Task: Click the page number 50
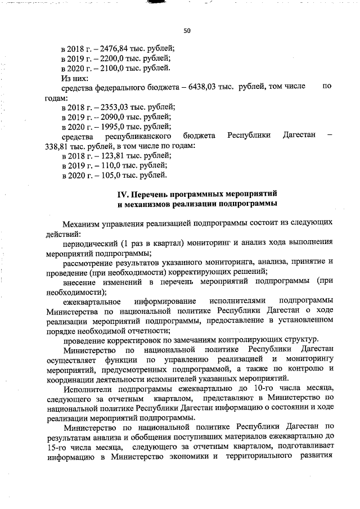[x=186, y=30]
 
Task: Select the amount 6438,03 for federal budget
[x=206, y=87]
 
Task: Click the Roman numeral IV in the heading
[x=122, y=193]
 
